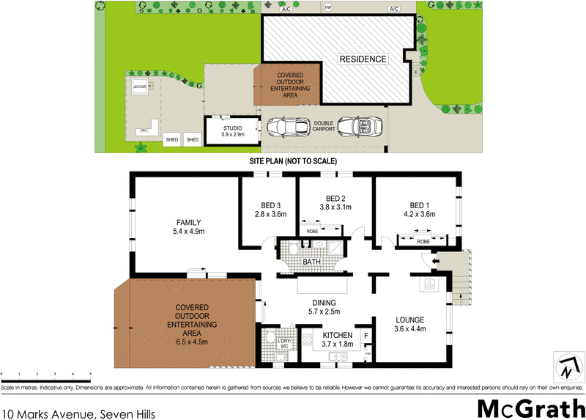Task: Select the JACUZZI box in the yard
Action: [138, 88]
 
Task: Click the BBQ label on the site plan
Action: [144, 130]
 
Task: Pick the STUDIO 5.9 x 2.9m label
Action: [232, 131]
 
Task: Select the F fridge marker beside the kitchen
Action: [366, 336]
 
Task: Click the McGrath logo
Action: [526, 408]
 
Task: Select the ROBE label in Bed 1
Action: [423, 240]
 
